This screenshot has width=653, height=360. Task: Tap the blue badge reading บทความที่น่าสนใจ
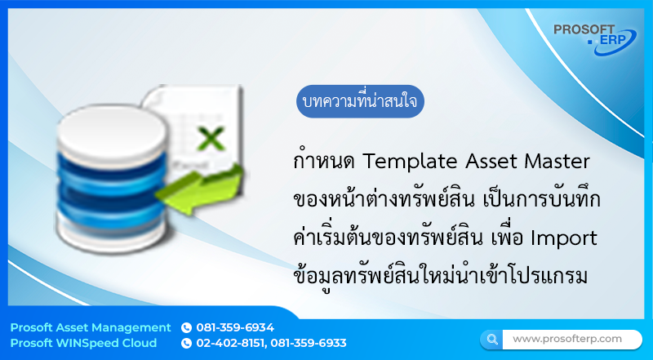click(360, 103)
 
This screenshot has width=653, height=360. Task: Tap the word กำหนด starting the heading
click(323, 160)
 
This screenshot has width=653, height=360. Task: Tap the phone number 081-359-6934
click(235, 327)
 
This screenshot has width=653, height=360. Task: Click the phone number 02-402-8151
click(230, 343)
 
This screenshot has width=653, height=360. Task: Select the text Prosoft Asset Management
click(91, 327)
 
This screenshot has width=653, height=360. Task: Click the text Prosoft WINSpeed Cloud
click(83, 343)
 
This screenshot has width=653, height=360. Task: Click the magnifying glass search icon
click(491, 339)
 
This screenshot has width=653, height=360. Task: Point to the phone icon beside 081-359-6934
click(186, 327)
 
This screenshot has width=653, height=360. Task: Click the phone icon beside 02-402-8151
click(186, 343)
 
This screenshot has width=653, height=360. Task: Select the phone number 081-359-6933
click(309, 343)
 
